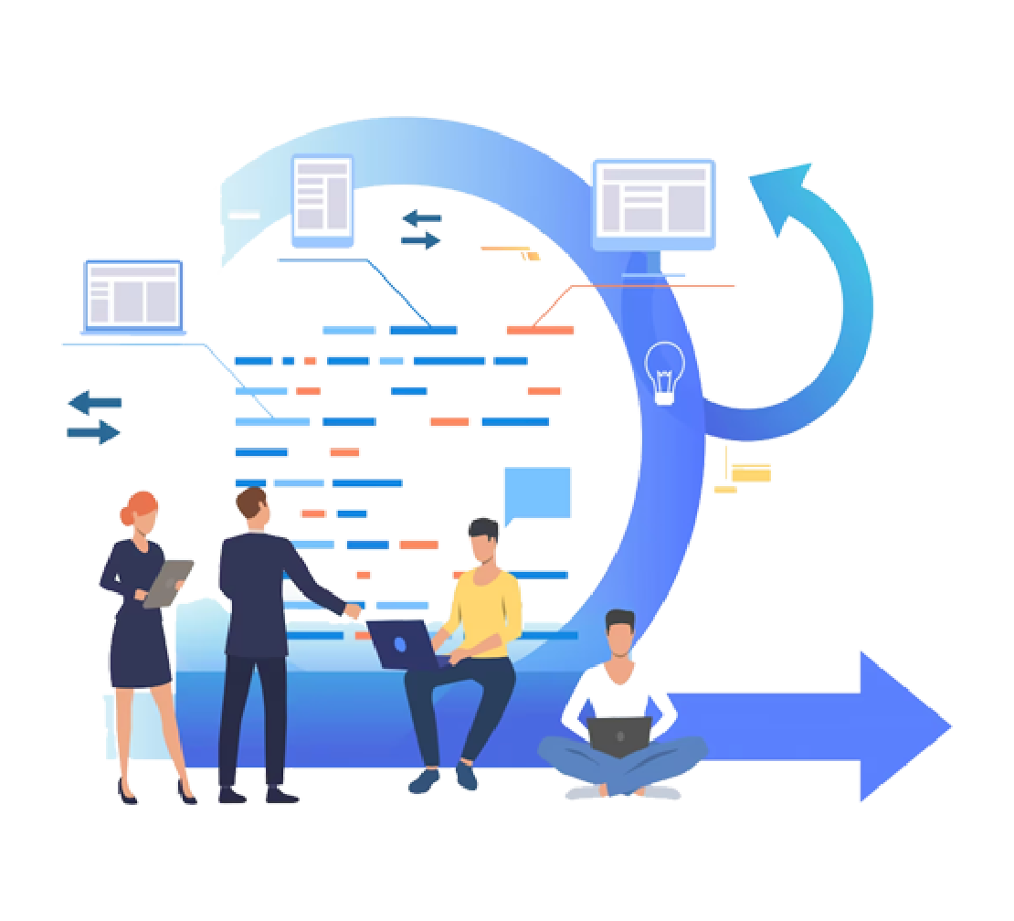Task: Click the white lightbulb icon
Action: (x=664, y=371)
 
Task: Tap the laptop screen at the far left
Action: (x=133, y=295)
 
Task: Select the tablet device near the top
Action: (x=322, y=202)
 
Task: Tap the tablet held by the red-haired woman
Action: (x=169, y=582)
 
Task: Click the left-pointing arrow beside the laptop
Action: (x=94, y=402)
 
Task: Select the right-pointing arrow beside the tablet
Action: (x=421, y=240)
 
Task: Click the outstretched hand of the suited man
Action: (x=351, y=609)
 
